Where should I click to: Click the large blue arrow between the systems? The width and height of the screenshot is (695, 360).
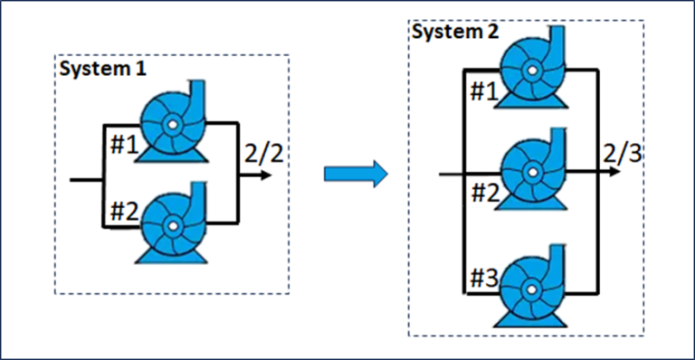pyautogui.click(x=355, y=173)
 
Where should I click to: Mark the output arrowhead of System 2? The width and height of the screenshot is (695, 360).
pyautogui.click(x=616, y=171)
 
